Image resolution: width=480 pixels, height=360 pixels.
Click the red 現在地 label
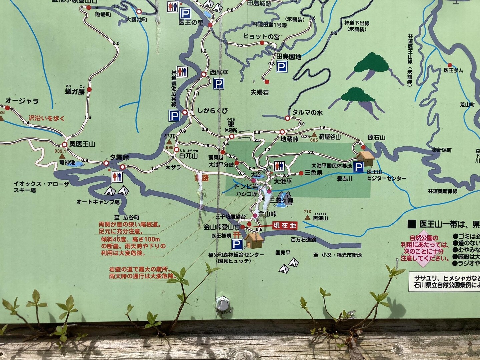point(285,226)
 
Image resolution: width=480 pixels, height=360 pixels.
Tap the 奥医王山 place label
point(82,144)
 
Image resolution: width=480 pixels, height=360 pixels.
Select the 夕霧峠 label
point(119,157)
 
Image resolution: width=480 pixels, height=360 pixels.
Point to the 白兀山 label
point(188,156)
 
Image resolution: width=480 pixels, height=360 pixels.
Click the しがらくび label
point(212,111)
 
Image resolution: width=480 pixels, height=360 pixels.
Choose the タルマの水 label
point(307,113)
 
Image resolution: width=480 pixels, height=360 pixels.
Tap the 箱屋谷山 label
point(330,137)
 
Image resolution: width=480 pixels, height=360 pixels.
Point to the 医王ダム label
point(453,70)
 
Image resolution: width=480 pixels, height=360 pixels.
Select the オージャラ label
point(22,101)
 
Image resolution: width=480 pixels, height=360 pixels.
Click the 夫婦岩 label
point(260,92)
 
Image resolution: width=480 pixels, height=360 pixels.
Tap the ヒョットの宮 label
point(261,37)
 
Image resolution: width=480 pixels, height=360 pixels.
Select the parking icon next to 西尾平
point(218,84)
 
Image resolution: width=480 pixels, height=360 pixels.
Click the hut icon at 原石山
point(365,158)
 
